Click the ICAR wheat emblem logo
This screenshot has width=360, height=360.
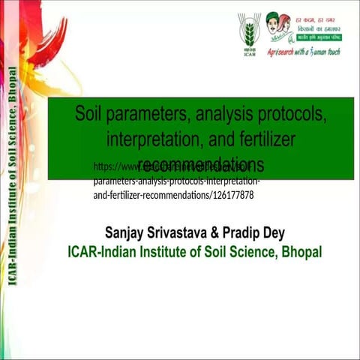pyautogui.click(x=250, y=31)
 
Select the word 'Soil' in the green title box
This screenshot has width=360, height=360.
pyautogui.click(x=92, y=115)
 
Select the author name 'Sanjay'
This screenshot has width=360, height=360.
pyautogui.click(x=126, y=232)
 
